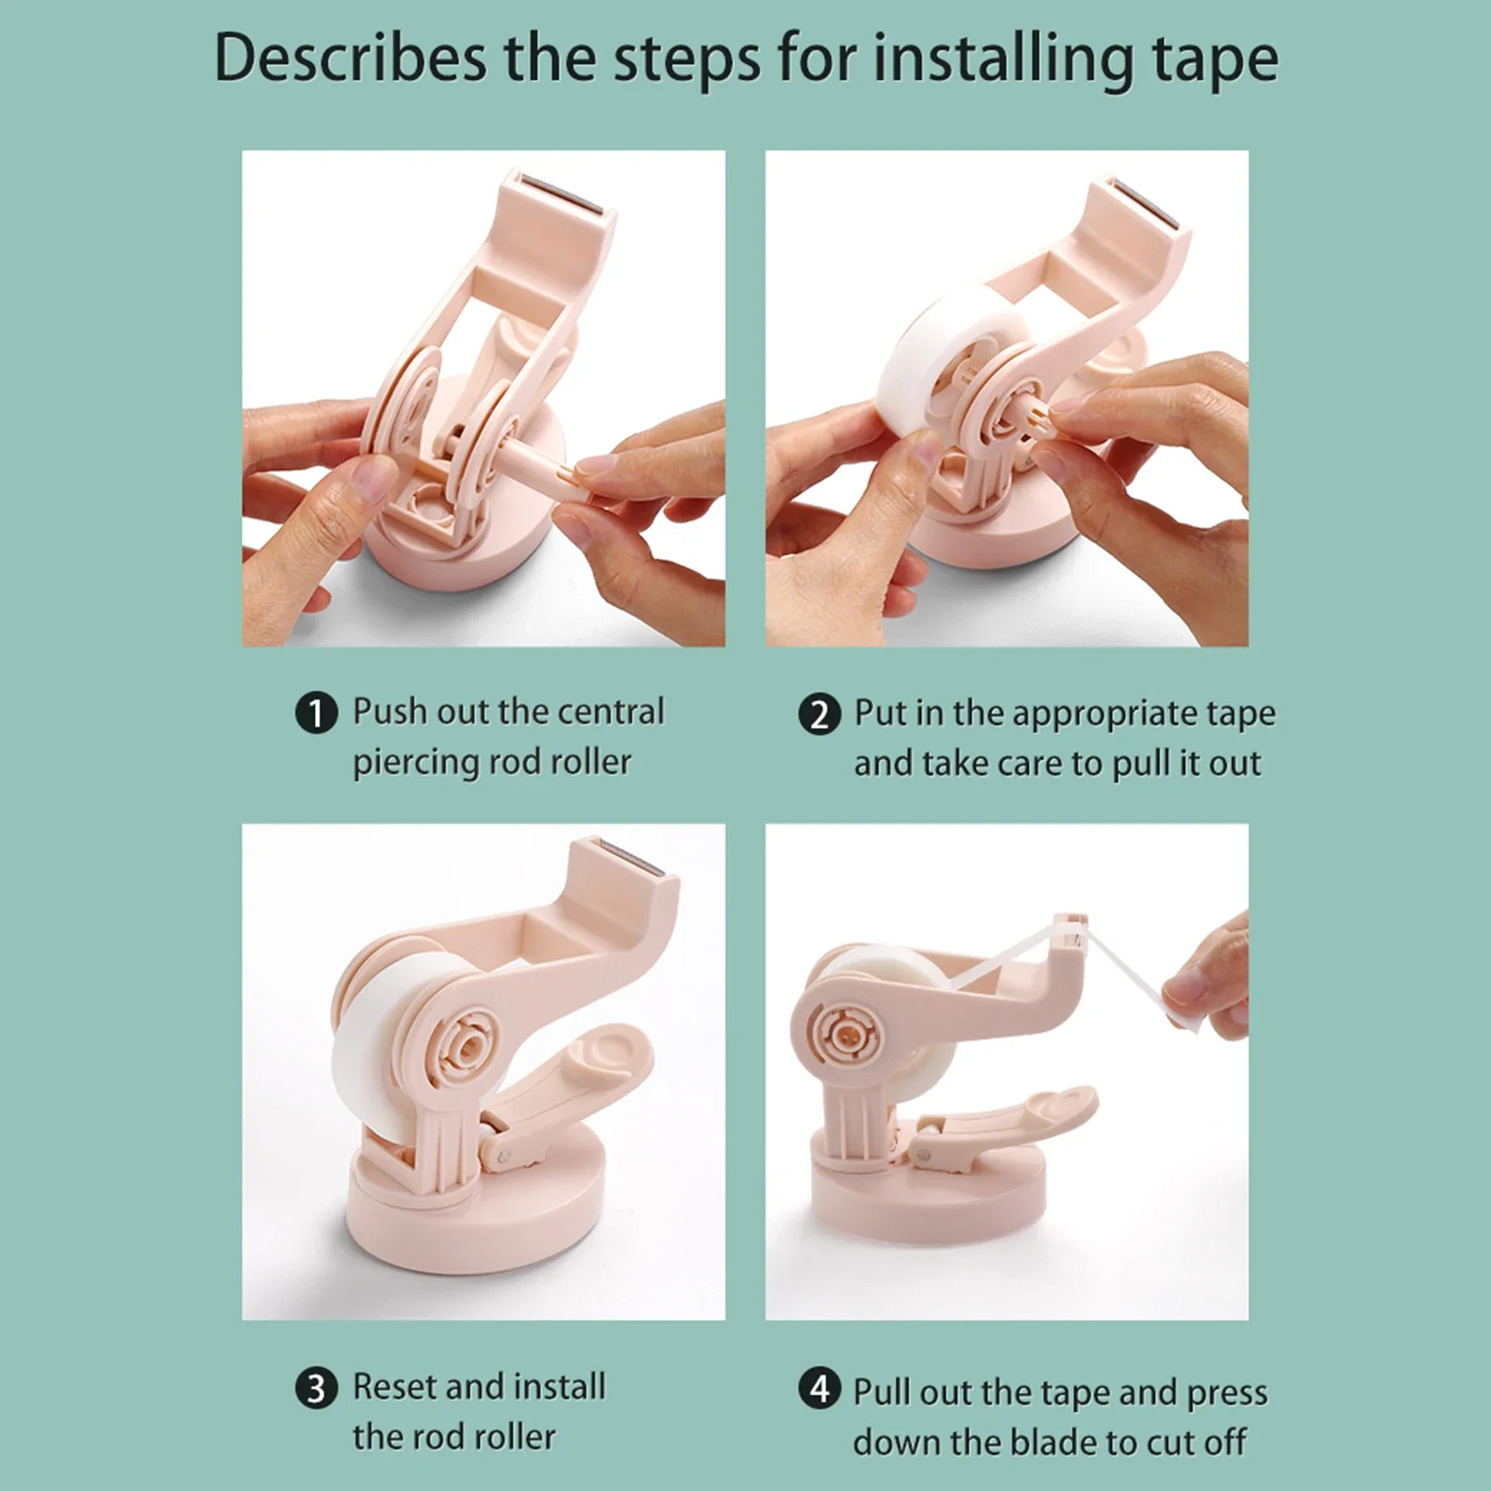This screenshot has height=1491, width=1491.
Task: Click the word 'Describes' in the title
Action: coord(350,58)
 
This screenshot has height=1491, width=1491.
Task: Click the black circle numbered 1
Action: coord(317,714)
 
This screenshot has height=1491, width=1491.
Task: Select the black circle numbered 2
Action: coord(819,715)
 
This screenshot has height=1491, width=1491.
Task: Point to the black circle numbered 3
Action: coord(317,1389)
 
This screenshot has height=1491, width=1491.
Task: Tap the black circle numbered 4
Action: coord(819,1389)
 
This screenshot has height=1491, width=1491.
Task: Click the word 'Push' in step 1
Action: coord(388,712)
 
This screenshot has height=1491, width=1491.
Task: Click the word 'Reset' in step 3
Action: coord(394,1386)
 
